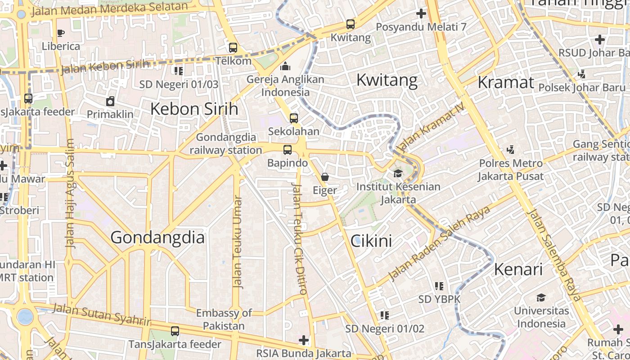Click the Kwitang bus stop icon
350,24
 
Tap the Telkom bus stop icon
233,47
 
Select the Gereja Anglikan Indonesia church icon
285,67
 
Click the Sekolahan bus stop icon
294,118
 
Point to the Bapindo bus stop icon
288,150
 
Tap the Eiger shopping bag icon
325,177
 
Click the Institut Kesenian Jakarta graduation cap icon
398,173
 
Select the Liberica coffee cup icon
61,33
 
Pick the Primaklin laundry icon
110,101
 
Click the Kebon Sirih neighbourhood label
194,109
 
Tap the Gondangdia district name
157,237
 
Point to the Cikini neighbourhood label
371,241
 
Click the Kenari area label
518,270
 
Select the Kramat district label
506,82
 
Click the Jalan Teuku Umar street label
238,241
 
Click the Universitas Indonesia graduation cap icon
540,298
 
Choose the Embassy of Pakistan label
224,319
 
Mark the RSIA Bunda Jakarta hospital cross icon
304,340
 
